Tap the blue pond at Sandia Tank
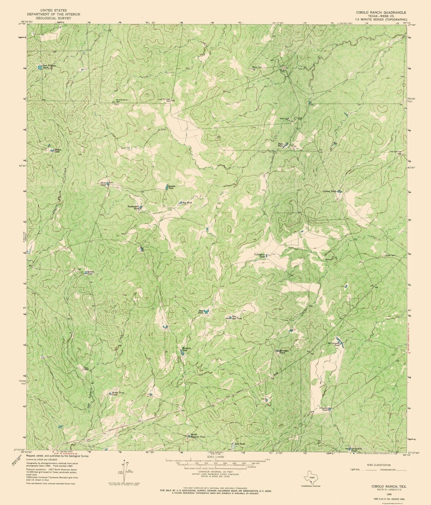click(167, 187)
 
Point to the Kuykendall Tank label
click(133, 207)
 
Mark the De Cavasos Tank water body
click(340, 342)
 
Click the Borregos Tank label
click(282, 352)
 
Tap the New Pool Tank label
click(237, 317)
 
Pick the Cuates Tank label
click(330, 191)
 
